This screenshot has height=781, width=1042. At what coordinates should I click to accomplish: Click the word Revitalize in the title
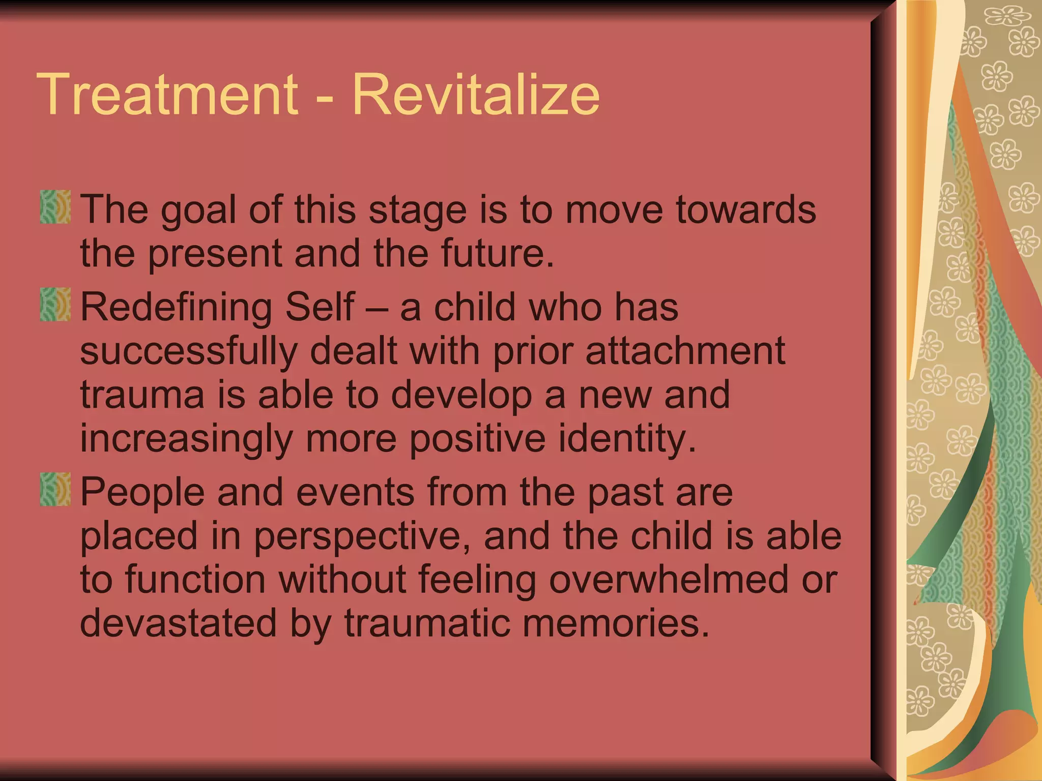coord(476,95)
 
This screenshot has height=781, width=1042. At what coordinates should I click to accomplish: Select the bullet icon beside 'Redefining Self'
coord(55,304)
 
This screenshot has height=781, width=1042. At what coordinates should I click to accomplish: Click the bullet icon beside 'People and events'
coord(55,489)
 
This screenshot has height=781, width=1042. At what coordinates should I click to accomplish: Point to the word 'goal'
coord(198,211)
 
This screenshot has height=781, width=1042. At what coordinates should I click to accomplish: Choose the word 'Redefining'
coord(176,308)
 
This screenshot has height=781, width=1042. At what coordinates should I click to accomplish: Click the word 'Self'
coord(320,307)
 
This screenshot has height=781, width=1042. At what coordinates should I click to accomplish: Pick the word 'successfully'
coord(189,352)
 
